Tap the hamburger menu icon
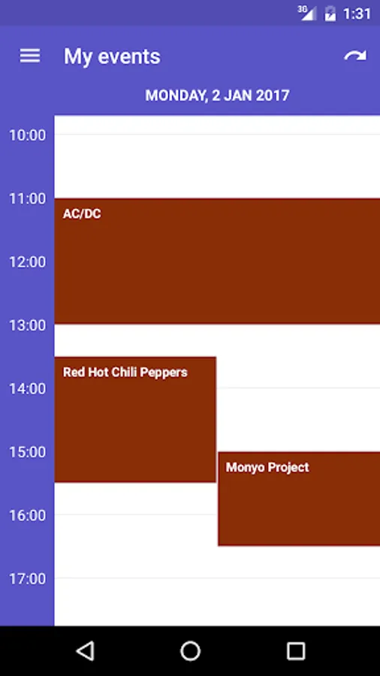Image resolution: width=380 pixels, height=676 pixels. tap(30, 56)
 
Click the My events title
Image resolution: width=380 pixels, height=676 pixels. tap(112, 57)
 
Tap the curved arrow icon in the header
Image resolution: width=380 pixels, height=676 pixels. tap(355, 56)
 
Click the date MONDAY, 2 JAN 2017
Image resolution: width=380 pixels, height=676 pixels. tap(217, 95)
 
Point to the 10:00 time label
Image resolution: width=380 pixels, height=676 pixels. tap(28, 135)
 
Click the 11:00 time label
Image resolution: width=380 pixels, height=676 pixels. tap(28, 199)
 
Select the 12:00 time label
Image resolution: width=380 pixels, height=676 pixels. tap(28, 262)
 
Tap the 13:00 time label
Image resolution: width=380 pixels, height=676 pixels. tap(28, 325)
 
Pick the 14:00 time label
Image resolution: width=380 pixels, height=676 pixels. tap(28, 389)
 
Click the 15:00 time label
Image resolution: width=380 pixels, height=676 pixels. tap(28, 452)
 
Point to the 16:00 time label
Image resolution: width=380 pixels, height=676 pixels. tap(28, 515)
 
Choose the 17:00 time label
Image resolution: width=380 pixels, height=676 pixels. tap(28, 579)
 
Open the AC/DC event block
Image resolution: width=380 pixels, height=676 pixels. tap(217, 261)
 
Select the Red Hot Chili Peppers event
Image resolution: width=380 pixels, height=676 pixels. tap(135, 419)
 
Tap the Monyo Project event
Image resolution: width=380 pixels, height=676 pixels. tap(299, 499)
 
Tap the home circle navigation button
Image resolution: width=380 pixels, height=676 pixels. tap(191, 651)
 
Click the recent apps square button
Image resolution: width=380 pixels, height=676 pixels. tap(296, 651)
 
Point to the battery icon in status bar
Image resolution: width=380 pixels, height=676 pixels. tap(330, 14)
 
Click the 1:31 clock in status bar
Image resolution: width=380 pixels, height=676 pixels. tap(357, 14)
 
